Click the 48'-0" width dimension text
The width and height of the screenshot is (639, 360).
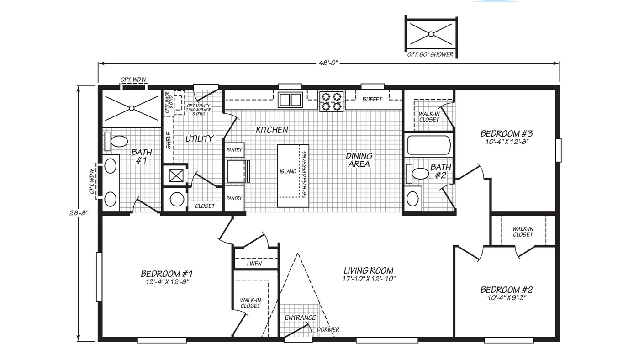pyautogui.click(x=328, y=63)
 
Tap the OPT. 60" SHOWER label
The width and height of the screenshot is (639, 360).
pyautogui.click(x=431, y=54)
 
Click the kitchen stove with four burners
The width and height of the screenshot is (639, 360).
pyautogui.click(x=331, y=101)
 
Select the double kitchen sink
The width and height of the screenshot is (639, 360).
pyautogui.click(x=290, y=100)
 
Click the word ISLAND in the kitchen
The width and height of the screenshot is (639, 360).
pyautogui.click(x=288, y=172)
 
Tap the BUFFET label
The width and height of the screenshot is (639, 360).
pyautogui.click(x=372, y=99)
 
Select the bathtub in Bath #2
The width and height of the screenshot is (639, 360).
pyautogui.click(x=428, y=145)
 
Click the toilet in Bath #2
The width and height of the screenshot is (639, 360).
pyautogui.click(x=416, y=173)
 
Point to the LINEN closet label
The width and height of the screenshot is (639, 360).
pyautogui.click(x=254, y=264)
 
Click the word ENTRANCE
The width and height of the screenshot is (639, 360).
pyautogui.click(x=300, y=318)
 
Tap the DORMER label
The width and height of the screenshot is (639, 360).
pyautogui.click(x=329, y=329)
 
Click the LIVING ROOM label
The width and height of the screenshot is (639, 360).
pyautogui.click(x=368, y=270)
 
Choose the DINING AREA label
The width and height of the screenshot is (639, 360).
pyautogui.click(x=359, y=160)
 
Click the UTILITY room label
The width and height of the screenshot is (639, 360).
pyautogui.click(x=199, y=138)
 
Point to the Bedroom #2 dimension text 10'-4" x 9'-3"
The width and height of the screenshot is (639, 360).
pyautogui.click(x=506, y=297)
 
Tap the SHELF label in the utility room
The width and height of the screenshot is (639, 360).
pyautogui.click(x=168, y=141)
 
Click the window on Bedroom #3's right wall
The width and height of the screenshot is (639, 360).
pyautogui.click(x=558, y=150)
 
